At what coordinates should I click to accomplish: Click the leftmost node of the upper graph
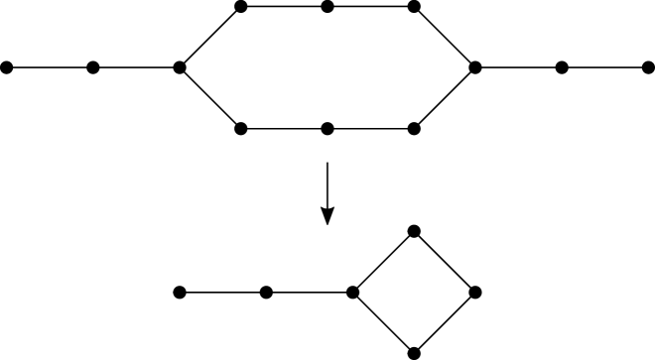coord(6,67)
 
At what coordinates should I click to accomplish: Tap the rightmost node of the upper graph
coord(648,67)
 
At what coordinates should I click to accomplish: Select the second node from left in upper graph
coord(92,67)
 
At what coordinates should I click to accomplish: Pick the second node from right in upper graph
coord(562,67)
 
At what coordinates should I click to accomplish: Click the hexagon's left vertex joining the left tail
coord(180,67)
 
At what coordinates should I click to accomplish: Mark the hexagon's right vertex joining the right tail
coord(475,67)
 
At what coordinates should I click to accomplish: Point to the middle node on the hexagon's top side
coord(327,7)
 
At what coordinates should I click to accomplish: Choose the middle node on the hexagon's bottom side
coord(327,128)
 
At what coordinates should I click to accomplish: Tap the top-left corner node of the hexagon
coord(241,7)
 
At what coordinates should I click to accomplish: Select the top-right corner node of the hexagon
coord(414,7)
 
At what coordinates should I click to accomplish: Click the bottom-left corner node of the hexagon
coord(241,128)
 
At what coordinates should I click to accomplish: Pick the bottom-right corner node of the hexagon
coord(414,128)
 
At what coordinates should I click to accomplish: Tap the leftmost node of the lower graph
coord(180,293)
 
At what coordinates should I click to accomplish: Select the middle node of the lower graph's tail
coord(266,293)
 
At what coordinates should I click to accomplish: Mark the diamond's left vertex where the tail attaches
coord(352,293)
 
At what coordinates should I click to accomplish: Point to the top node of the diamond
coord(414,232)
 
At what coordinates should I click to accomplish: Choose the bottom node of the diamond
coord(414,353)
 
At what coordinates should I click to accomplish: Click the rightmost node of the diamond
coord(475,293)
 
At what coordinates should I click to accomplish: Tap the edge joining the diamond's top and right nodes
coord(445,262)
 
